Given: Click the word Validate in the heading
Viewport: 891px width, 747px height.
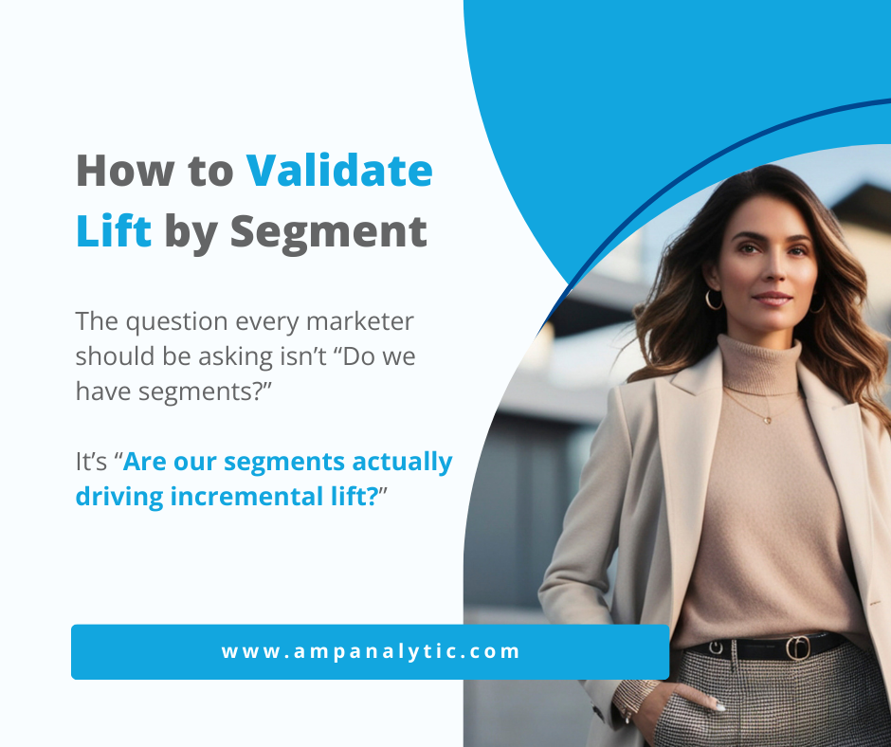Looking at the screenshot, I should coord(339,172).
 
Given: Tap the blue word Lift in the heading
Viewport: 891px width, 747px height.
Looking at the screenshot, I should coord(114,231).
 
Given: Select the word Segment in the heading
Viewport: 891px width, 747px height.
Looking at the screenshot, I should coord(329,233).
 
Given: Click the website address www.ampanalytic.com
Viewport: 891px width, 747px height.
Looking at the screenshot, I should coord(371,651).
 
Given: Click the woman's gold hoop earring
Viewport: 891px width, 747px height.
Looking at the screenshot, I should coord(714,300).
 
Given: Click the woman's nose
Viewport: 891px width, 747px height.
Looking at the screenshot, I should coord(769,275).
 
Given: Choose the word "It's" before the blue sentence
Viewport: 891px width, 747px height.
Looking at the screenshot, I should coord(93,463).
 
